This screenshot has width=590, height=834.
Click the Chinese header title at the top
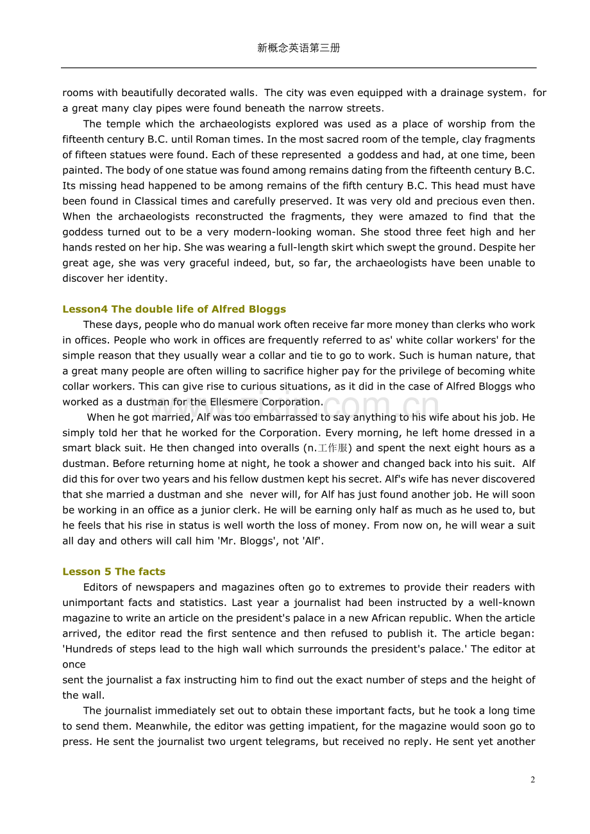[x=298, y=48]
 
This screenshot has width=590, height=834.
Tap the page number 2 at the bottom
[x=532, y=780]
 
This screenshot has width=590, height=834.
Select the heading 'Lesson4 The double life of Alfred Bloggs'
[x=174, y=309]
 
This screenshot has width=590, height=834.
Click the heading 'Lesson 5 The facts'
[x=114, y=572]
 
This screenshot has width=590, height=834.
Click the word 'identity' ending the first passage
[x=146, y=279]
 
